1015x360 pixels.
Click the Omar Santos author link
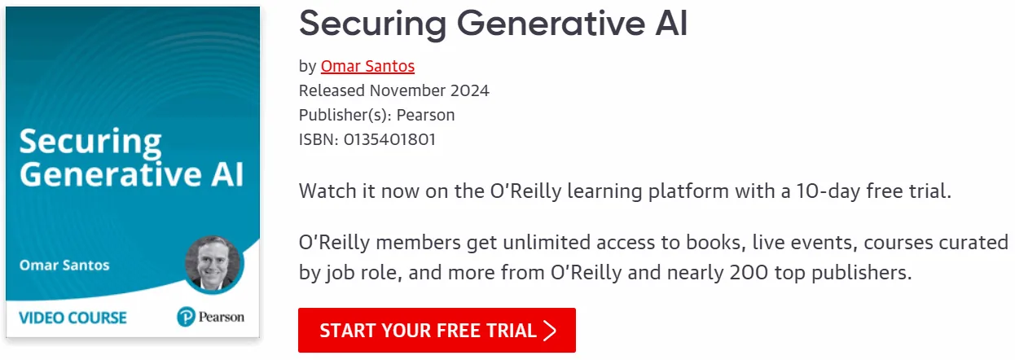tap(367, 66)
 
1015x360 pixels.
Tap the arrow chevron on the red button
tap(550, 331)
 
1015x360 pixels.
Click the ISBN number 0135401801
tap(389, 139)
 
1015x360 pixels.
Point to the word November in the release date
tap(407, 90)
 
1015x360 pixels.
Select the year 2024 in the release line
tap(469, 90)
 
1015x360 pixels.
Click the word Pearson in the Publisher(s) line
tap(425, 115)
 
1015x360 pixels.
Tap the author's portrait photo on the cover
tap(213, 264)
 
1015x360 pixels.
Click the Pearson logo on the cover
tap(211, 317)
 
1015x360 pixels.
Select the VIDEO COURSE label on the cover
tap(72, 318)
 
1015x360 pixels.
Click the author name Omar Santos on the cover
tap(64, 265)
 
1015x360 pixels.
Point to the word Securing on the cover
tap(90, 143)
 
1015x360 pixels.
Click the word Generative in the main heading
tap(551, 24)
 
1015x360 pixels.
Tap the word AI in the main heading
tap(671, 24)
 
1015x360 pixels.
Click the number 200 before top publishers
tap(749, 273)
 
